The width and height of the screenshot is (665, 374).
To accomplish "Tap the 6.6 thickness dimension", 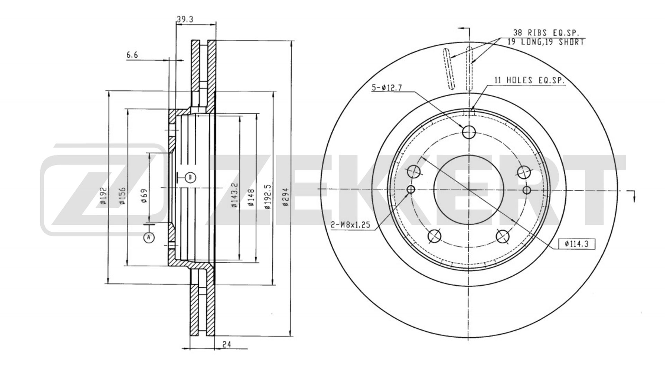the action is click(x=132, y=54).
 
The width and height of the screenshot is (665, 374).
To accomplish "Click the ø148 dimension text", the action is click(x=251, y=198).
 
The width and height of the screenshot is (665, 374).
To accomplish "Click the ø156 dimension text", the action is click(x=122, y=196).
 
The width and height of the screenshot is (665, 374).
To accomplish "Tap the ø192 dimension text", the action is click(x=103, y=196).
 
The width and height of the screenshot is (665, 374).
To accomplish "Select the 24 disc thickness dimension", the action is click(x=227, y=344).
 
